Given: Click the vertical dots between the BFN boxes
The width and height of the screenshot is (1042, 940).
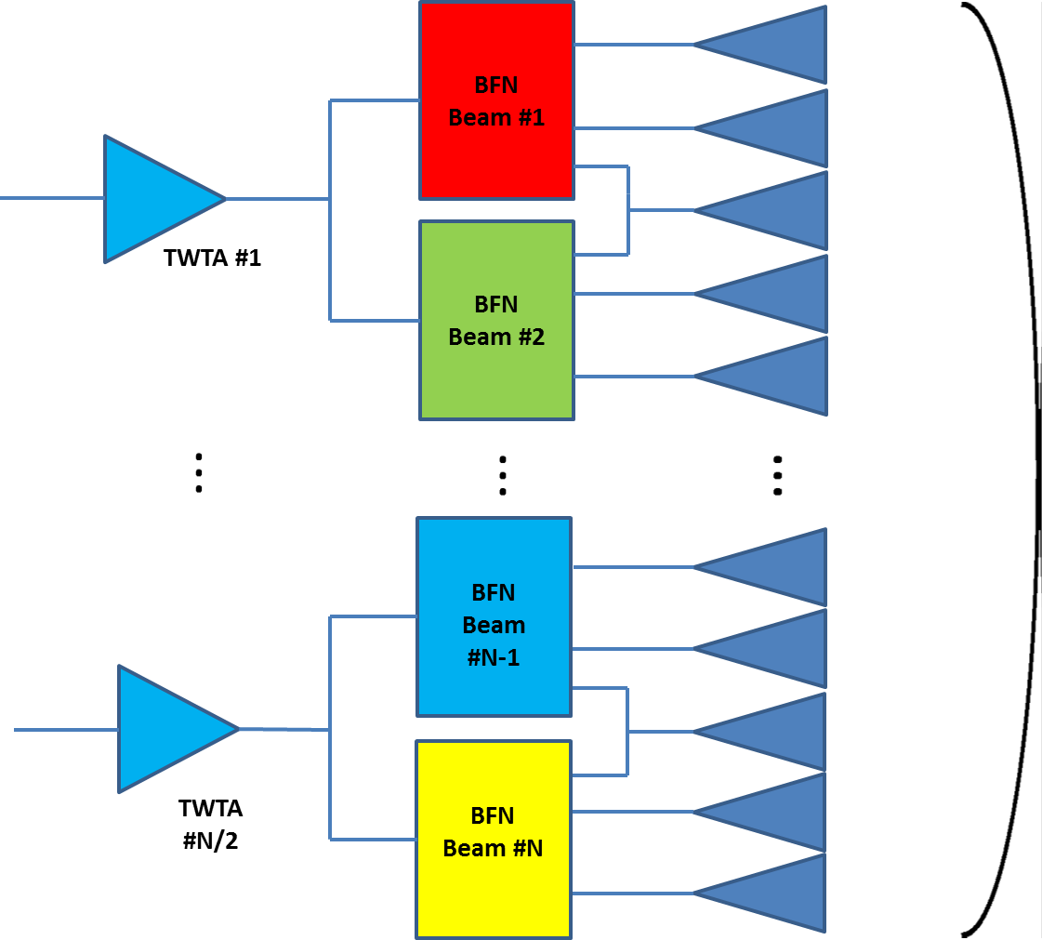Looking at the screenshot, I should (x=503, y=473).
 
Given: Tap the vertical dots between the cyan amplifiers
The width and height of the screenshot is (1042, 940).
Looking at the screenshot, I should (x=200, y=470).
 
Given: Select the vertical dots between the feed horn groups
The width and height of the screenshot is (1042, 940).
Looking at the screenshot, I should (x=779, y=473).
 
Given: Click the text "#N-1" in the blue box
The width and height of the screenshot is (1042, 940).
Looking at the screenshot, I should (x=494, y=657).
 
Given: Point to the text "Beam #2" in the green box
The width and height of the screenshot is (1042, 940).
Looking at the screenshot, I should (x=495, y=337).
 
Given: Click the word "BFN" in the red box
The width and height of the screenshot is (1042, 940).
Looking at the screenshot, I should (x=496, y=85).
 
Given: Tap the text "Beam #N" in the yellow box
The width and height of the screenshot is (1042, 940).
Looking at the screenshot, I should (x=493, y=848).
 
